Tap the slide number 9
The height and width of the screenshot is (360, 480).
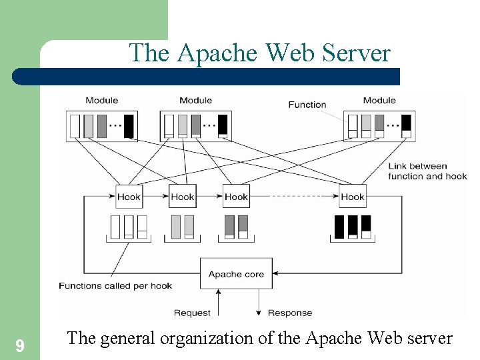coord(20,345)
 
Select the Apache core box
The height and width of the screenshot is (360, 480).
coord(236,274)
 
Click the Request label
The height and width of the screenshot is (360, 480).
coord(192,313)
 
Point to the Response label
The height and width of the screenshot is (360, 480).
coord(289,313)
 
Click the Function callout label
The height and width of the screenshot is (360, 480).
coord(307,105)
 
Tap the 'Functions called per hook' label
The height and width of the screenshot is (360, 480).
coord(115,286)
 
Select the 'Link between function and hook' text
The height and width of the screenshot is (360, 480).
coord(427,171)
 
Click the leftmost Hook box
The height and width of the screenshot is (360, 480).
coord(129,197)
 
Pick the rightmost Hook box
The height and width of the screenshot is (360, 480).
coord(352,197)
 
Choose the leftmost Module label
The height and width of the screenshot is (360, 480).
coord(101,101)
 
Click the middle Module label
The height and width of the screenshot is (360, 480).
coord(195,101)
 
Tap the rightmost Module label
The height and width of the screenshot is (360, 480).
coord(379,101)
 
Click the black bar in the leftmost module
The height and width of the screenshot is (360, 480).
coord(129,126)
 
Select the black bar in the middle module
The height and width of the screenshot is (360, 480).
coord(223,125)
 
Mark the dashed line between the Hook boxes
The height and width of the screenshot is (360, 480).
coord(294,197)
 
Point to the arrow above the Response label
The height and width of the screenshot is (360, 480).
coord(259,298)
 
